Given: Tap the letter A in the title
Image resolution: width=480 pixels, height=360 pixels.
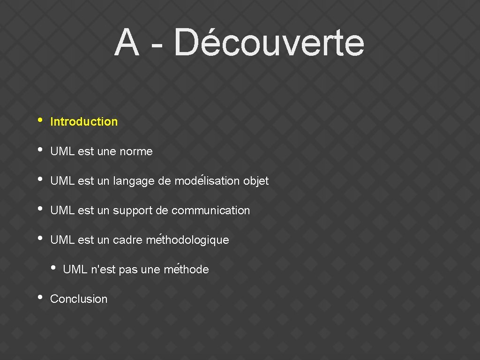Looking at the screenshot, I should [x=127, y=43].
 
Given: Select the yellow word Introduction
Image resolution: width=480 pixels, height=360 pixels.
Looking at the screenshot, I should [x=84, y=122].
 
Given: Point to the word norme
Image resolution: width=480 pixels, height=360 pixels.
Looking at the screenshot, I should [x=136, y=151].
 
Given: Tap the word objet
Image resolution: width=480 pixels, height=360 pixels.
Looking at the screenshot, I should [x=256, y=181].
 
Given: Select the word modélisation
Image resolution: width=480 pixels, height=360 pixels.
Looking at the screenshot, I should [x=207, y=181].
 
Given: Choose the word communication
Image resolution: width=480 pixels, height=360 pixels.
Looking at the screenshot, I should [x=211, y=210].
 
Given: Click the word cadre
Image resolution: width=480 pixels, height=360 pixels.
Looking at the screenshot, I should [x=127, y=240].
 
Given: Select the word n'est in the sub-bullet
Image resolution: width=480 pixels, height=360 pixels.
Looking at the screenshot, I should [x=103, y=270].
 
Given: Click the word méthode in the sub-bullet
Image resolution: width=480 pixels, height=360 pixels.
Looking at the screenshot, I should [x=187, y=270].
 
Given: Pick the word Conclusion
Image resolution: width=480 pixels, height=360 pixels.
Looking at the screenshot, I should [x=79, y=299].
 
